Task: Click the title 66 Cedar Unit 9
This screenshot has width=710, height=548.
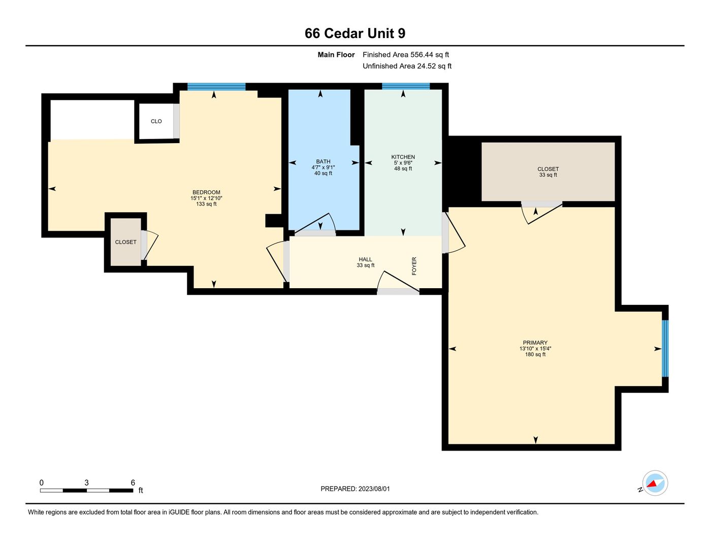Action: pyautogui.click(x=355, y=33)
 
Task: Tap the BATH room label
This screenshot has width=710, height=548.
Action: pyautogui.click(x=323, y=161)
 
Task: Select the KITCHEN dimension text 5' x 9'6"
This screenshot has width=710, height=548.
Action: pyautogui.click(x=403, y=163)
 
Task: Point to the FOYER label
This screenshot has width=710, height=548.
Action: pyautogui.click(x=414, y=266)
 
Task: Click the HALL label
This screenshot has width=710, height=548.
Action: pyautogui.click(x=365, y=259)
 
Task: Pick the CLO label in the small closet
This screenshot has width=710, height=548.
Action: pyautogui.click(x=156, y=121)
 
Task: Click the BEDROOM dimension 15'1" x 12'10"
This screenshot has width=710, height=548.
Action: pyautogui.click(x=206, y=198)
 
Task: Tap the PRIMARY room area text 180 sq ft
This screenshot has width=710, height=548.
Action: pyautogui.click(x=535, y=355)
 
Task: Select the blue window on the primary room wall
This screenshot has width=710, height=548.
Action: pyautogui.click(x=665, y=349)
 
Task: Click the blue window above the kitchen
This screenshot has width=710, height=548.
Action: pyautogui.click(x=406, y=86)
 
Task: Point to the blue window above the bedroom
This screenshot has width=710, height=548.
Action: pyautogui.click(x=216, y=86)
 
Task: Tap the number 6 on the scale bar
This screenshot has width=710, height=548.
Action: pyautogui.click(x=133, y=483)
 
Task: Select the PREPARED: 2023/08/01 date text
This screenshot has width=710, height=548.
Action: pyautogui.click(x=355, y=489)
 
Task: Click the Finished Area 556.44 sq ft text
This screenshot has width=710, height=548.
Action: pyautogui.click(x=406, y=55)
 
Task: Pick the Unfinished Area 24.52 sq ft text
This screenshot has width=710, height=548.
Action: pyautogui.click(x=407, y=66)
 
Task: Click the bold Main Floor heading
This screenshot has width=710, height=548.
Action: pyautogui.click(x=336, y=55)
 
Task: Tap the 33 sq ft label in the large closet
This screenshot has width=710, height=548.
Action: pyautogui.click(x=548, y=175)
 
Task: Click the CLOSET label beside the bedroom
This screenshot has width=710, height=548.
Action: pyautogui.click(x=125, y=242)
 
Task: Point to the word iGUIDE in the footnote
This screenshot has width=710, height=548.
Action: pyautogui.click(x=179, y=512)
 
